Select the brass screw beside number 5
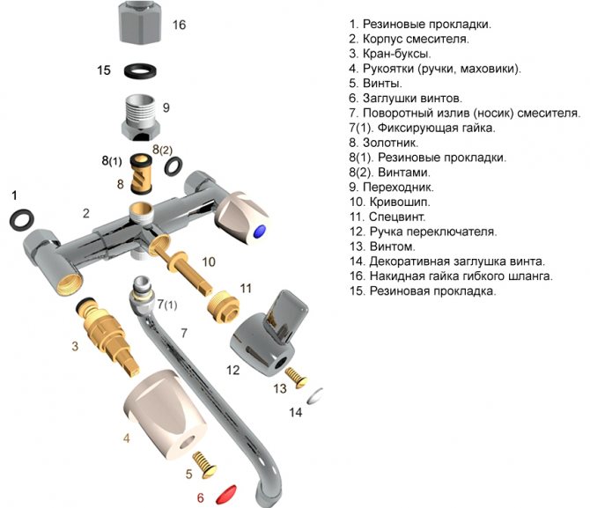(x=204, y=460)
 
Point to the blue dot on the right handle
(x=257, y=232)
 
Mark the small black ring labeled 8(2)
(x=174, y=165)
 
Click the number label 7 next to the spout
(x=183, y=333)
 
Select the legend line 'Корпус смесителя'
(x=409, y=39)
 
